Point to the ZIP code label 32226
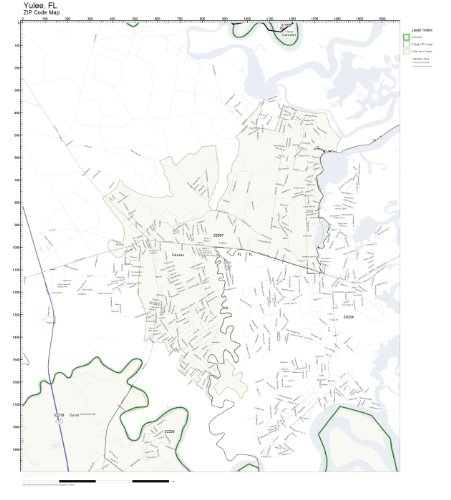coord(169,431)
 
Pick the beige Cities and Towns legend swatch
coord(406,51)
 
